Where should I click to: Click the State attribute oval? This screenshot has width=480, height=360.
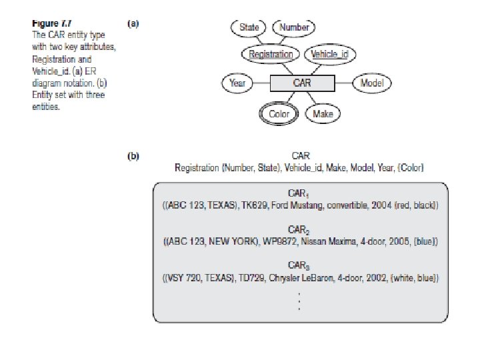click(x=249, y=28)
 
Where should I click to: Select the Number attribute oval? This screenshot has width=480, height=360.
click(x=294, y=28)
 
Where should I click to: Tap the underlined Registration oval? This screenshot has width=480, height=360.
click(x=271, y=54)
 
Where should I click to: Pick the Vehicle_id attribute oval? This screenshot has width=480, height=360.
click(x=330, y=54)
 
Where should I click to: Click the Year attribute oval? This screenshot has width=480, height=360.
click(x=237, y=83)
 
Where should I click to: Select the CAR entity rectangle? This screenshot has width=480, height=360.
click(x=302, y=83)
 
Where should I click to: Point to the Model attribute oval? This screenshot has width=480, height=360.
click(x=371, y=83)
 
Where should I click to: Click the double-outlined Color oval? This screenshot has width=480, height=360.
click(x=279, y=114)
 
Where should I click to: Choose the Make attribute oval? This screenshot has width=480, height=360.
click(x=323, y=114)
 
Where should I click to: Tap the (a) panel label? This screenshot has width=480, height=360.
click(x=133, y=23)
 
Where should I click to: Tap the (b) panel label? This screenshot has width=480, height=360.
click(x=133, y=157)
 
